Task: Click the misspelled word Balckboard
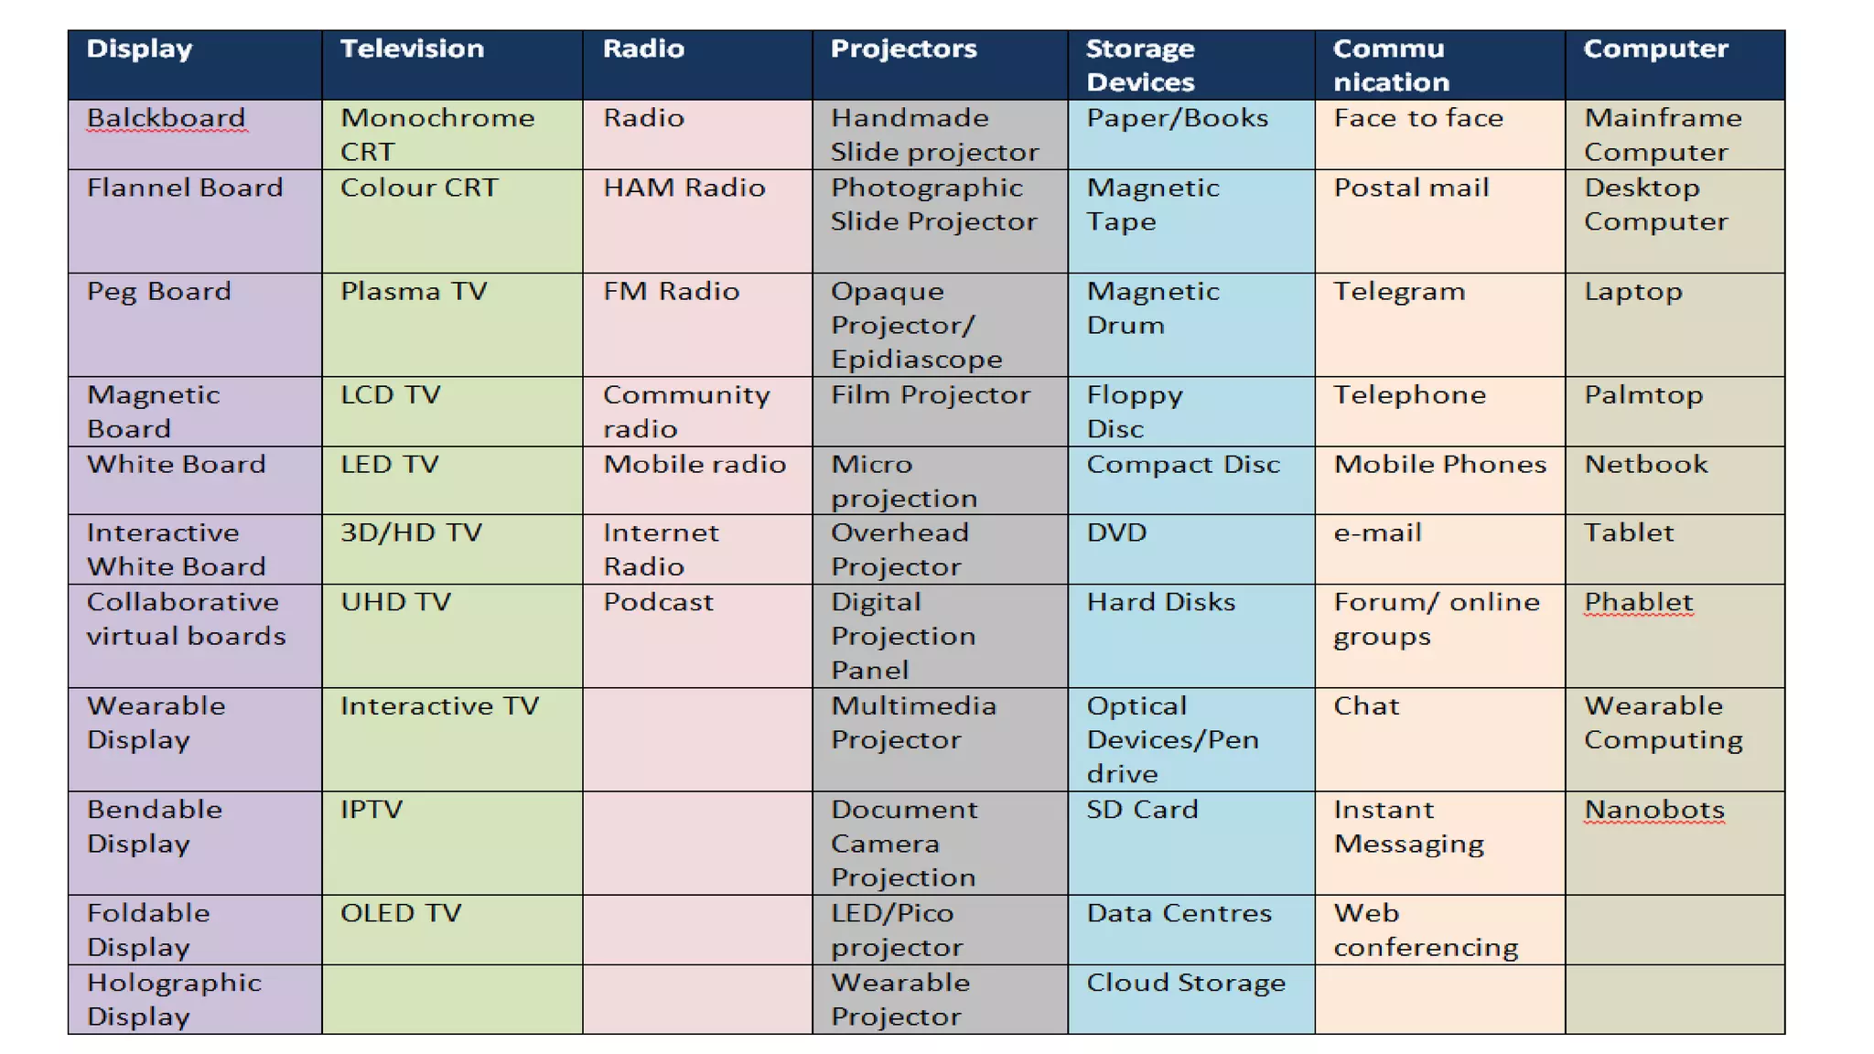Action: pyautogui.click(x=166, y=118)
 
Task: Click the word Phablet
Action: pyautogui.click(x=1638, y=602)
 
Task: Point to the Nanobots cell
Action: pyautogui.click(x=1653, y=810)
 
